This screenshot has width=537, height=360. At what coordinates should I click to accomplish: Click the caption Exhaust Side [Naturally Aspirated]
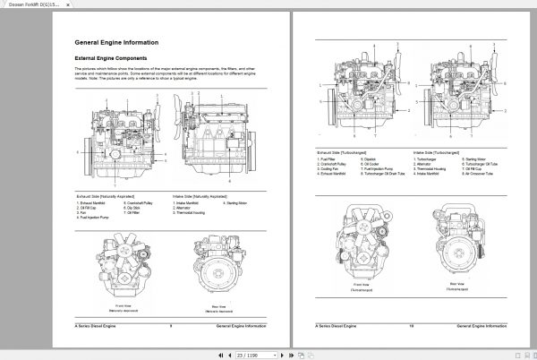tap(107, 194)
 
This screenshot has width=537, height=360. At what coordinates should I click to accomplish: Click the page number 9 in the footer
tap(170, 327)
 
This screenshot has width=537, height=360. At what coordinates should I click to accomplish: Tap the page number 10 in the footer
tap(411, 327)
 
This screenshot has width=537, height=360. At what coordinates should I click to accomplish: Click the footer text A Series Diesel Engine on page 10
tap(339, 327)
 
